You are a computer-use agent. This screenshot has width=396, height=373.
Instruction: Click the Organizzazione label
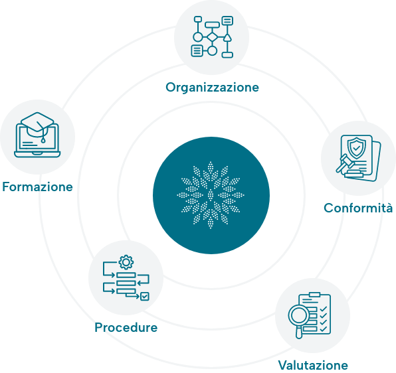(212, 88)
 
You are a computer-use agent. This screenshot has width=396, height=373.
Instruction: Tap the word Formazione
(37, 187)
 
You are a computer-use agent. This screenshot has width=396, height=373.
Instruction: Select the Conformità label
(358, 208)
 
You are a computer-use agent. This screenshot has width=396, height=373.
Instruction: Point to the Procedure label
(126, 327)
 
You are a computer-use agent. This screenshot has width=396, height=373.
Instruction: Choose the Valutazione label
(313, 365)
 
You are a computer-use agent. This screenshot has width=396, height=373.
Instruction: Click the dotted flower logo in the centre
(211, 195)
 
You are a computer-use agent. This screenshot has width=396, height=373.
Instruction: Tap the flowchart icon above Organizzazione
(212, 37)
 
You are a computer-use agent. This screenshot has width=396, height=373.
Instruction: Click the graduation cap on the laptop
(37, 125)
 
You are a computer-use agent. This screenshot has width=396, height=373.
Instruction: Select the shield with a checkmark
(356, 148)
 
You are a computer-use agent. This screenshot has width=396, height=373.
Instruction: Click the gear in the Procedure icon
(126, 262)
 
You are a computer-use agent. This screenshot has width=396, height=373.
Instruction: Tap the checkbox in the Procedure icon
(145, 296)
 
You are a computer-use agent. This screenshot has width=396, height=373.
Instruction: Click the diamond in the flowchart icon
(212, 37)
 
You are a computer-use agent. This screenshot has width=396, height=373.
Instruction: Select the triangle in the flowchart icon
(227, 38)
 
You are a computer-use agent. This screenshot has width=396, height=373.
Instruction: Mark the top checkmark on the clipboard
(324, 309)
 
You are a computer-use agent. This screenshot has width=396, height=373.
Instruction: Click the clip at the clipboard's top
(314, 295)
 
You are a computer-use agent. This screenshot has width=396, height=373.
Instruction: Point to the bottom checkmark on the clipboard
(324, 329)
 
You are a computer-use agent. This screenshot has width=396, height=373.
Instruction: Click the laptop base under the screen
(37, 154)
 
